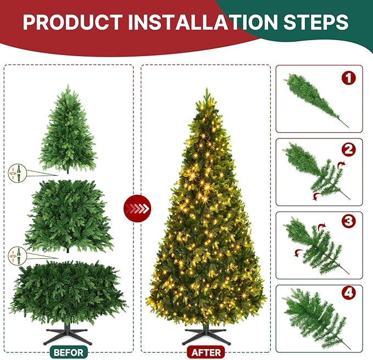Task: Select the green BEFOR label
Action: [68, 351]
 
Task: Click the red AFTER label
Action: [205, 351]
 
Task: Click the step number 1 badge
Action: [348, 78]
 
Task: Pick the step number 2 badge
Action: [348, 149]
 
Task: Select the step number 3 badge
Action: [348, 221]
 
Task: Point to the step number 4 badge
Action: [348, 293]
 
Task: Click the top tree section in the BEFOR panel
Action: [68, 129]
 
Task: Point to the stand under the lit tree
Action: [205, 334]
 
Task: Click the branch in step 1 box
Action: [313, 99]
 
